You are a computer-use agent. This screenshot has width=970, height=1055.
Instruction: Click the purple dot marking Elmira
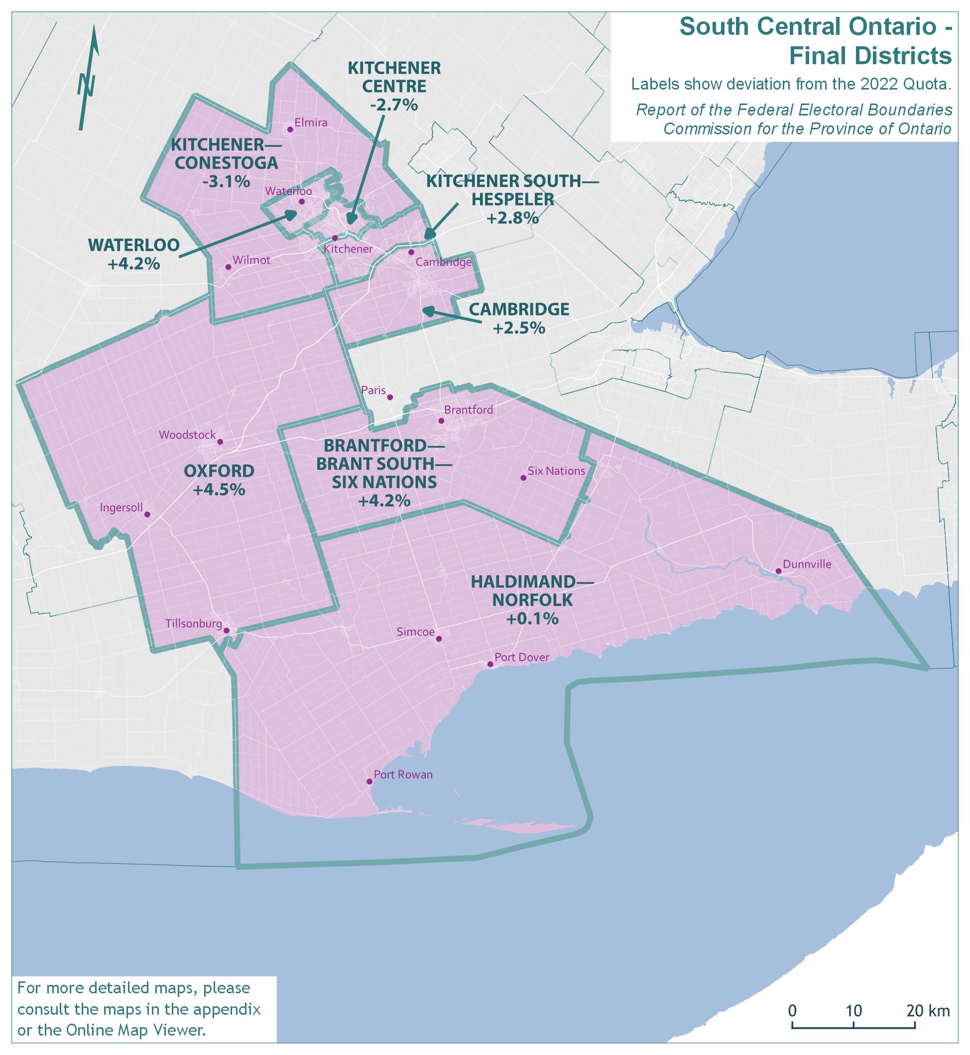289,129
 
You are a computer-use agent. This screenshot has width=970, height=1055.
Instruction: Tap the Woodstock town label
187,435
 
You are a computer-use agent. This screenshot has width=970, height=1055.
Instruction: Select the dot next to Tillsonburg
226,631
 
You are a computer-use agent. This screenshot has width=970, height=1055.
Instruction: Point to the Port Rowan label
403,774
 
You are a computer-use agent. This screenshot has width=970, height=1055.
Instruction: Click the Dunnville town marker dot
778,571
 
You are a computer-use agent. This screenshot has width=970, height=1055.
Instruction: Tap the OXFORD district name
219,471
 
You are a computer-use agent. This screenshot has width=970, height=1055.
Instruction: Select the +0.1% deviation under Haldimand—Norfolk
532,619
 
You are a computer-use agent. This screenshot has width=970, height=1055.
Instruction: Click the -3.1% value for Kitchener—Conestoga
226,182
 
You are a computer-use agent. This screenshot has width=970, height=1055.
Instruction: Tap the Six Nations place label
556,471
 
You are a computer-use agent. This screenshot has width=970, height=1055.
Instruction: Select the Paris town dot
390,397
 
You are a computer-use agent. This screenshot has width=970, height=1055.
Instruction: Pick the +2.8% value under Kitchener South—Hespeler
513,217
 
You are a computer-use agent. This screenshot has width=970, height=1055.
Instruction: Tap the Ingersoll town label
121,508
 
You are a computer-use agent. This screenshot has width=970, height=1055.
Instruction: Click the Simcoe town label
415,632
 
